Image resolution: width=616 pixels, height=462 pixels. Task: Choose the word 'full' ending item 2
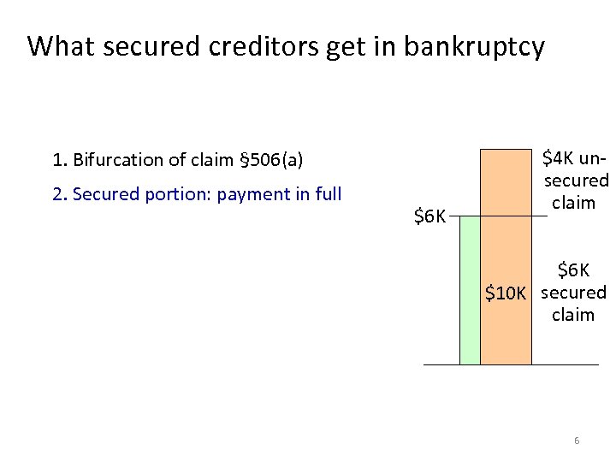coord(329,194)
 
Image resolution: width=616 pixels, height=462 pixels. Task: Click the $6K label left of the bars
coord(429,216)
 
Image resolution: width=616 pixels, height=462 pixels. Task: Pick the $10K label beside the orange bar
coord(506,294)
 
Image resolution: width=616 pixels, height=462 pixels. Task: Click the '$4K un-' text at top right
coord(575,159)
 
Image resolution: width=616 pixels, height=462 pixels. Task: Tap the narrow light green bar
coord(470,291)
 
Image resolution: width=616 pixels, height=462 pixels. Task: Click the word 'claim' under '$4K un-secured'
coord(573,204)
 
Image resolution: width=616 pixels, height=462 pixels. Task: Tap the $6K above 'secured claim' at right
coord(573,271)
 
